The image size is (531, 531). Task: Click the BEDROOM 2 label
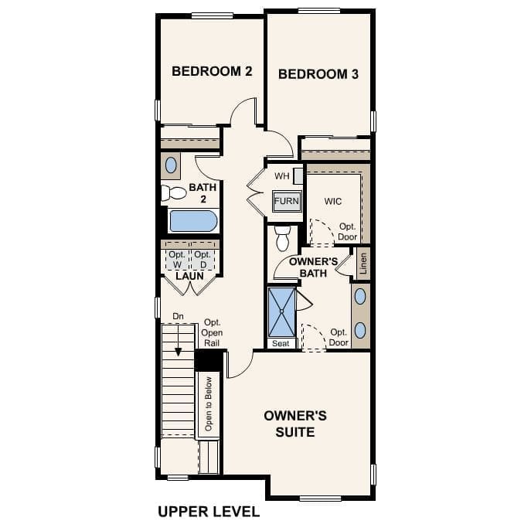[x=211, y=71]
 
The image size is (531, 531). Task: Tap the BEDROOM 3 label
[x=318, y=74]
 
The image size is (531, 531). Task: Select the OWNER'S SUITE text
[x=295, y=424]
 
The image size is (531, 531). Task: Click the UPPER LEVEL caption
[x=209, y=511]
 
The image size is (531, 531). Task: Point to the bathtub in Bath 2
[x=193, y=221]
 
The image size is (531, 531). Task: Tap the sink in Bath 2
[x=171, y=165]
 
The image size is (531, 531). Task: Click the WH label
[x=281, y=176]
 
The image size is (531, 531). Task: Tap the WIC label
[x=333, y=201]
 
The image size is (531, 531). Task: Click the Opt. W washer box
[x=177, y=259]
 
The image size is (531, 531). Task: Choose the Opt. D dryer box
[x=203, y=259]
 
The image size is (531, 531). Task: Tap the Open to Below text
[x=208, y=405]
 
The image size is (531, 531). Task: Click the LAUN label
[x=189, y=276]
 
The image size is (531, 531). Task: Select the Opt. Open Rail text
[x=212, y=332]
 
